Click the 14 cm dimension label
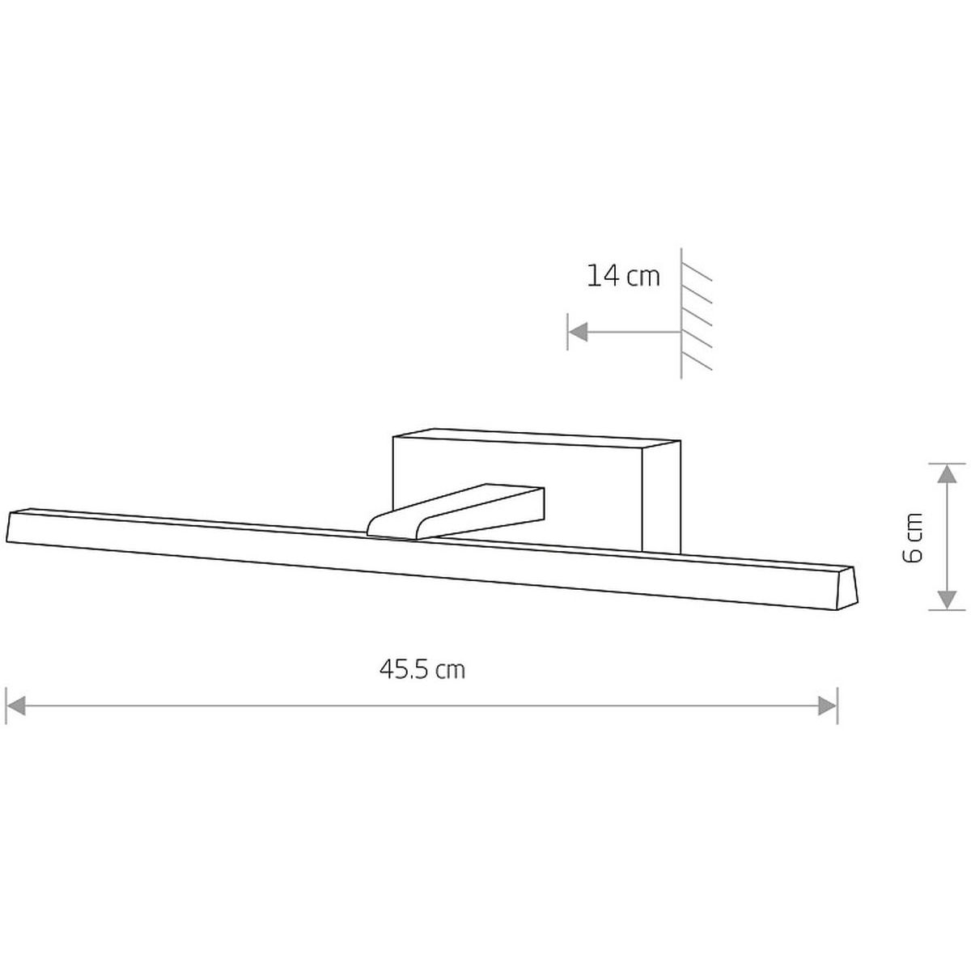[x=623, y=276]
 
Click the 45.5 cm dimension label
[x=422, y=670]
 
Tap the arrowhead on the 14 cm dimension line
[x=579, y=332]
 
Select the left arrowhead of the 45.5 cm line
[x=15, y=706]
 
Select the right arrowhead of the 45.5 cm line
[x=828, y=706]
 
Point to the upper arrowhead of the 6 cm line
[x=947, y=473]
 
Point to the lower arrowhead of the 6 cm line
[x=947, y=600]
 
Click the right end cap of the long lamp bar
[x=846, y=587]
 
